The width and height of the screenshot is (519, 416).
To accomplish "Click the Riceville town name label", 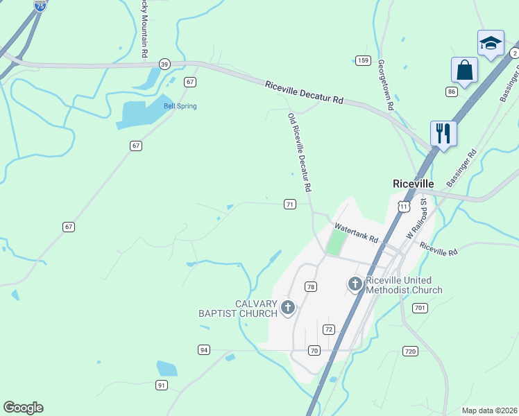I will pyautogui.click(x=413, y=184).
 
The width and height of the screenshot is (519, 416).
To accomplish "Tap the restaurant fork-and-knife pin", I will pyautogui.click(x=443, y=132).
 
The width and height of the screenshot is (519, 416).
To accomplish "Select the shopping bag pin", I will pyautogui.click(x=464, y=70).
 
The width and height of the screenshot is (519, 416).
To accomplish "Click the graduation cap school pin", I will pyautogui.click(x=491, y=43).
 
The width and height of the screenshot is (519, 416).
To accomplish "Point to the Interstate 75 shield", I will pyautogui.click(x=40, y=6).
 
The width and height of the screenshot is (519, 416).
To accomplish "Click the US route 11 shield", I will pyautogui.click(x=404, y=207).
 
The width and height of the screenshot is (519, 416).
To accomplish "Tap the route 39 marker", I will pyautogui.click(x=164, y=63).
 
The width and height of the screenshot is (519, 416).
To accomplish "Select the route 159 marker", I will pyautogui.click(x=363, y=60).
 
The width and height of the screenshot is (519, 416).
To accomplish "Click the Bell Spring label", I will pyautogui.click(x=180, y=106).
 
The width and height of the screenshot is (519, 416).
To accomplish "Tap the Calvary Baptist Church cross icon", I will pyautogui.click(x=288, y=306).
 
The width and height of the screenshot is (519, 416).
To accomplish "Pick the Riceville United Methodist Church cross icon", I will pyautogui.click(x=355, y=283).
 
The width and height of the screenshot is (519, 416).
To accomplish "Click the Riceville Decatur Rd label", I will pyautogui.click(x=304, y=92).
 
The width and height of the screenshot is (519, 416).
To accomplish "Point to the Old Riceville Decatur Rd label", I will pyautogui.click(x=300, y=153).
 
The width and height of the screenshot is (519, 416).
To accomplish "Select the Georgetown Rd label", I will pyautogui.click(x=385, y=85).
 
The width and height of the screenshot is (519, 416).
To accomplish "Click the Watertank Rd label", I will pyautogui.click(x=356, y=233).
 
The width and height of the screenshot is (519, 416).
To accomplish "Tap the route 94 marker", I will pyautogui.click(x=203, y=349).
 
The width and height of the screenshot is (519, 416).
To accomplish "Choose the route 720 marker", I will pyautogui.click(x=410, y=352).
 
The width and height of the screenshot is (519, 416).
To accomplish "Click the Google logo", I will pyautogui.click(x=23, y=408).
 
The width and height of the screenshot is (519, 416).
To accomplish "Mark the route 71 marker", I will pyautogui.click(x=290, y=204).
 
